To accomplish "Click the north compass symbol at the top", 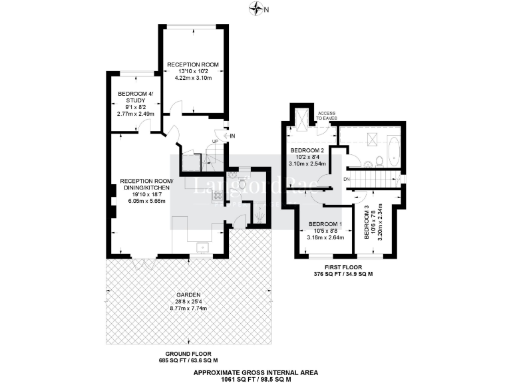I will pos(256,9).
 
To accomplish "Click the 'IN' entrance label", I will pos(232,136).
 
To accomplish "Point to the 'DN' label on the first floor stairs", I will pos(346,179).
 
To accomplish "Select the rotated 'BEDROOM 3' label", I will pos(367,222).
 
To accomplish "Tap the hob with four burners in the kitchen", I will pos(217,195).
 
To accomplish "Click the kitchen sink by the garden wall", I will pos(202,248).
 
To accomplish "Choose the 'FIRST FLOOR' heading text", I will pos(343,268).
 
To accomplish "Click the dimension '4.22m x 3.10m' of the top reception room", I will pos(193,78).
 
